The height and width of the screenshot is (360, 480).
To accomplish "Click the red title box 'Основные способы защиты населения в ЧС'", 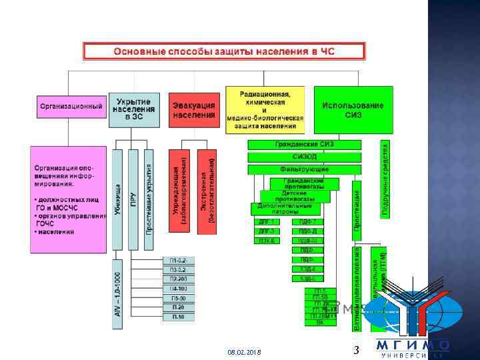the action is pos(224,51).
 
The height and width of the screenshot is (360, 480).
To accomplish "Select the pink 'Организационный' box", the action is pos(71,106).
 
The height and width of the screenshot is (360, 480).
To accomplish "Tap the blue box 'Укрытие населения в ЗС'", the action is pos(133,109).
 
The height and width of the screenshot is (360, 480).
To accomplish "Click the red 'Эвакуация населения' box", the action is pos(194,109).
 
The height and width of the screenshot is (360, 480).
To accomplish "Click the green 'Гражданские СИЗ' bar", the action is pos(304,145).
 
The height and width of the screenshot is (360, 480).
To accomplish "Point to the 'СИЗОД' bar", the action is pos(304,157).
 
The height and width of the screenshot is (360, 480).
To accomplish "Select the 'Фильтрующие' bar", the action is pos(304,170).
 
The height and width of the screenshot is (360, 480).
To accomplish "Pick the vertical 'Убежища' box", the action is pos(118,199).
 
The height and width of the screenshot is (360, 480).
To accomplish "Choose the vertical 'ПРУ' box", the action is pos(133,199).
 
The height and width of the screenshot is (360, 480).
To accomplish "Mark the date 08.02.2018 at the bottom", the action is pos(244,351).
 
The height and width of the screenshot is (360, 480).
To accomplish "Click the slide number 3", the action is pos(356,350).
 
